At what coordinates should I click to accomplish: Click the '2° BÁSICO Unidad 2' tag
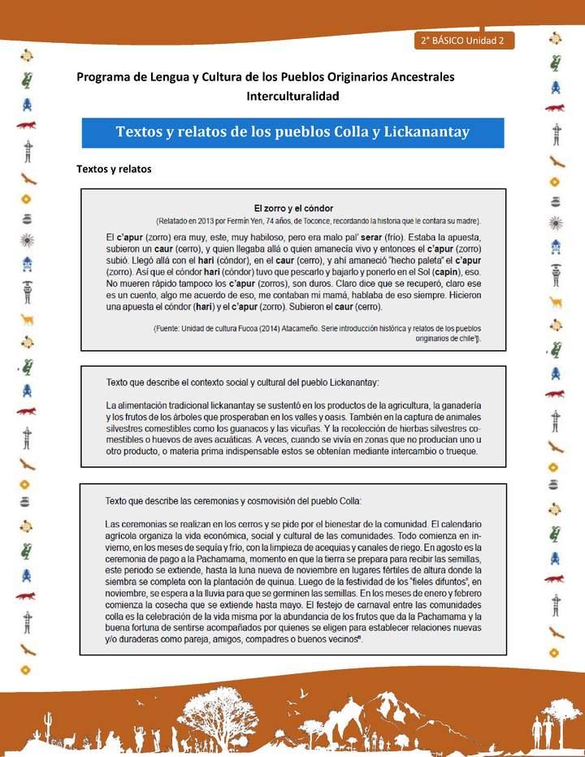point(462,40)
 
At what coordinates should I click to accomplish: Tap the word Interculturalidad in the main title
point(292,96)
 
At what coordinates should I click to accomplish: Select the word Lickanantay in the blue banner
point(427,132)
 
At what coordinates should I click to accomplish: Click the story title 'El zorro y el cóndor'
point(293,208)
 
